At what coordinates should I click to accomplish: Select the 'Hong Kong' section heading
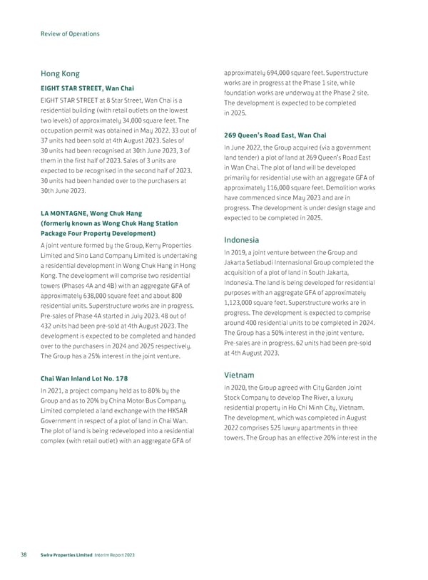[x=60, y=73]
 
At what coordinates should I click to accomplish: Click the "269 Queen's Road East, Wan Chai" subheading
[x=275, y=135]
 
